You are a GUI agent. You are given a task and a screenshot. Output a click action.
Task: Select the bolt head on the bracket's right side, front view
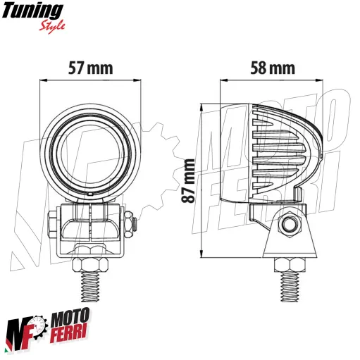point(133,224)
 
